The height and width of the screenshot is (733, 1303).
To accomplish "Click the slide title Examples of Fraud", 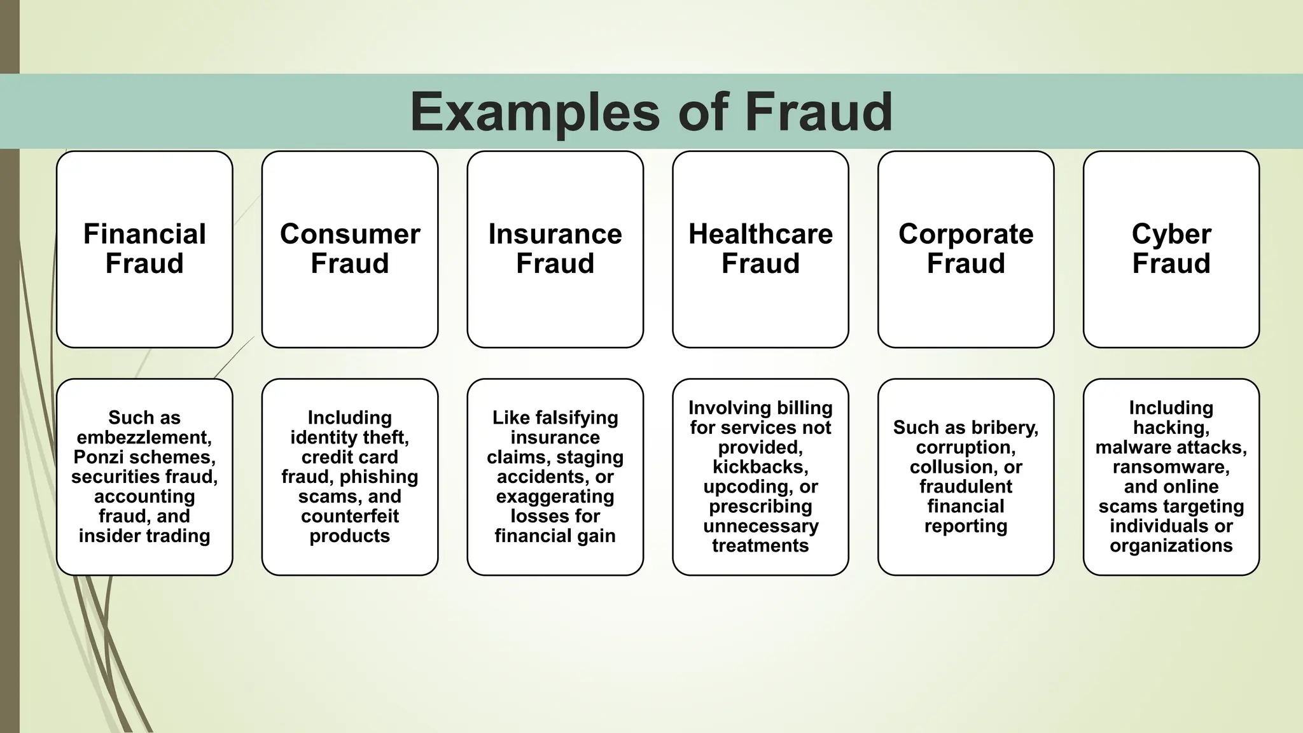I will tap(651, 112).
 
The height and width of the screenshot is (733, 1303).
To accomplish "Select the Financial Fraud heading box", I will tap(144, 249).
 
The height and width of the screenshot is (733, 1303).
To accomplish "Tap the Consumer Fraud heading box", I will tap(350, 249).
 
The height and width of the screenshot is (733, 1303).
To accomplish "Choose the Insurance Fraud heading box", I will tap(555, 249).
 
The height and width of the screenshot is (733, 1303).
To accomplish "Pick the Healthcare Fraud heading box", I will tap(760, 249).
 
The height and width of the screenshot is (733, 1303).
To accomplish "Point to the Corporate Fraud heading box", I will tap(966, 249).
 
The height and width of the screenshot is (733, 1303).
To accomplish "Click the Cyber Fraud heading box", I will tap(1171, 249).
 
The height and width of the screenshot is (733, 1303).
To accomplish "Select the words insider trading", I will tap(144, 536).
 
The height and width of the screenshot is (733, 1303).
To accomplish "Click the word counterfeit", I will tap(350, 517).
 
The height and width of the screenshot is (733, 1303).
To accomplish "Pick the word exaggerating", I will tap(555, 497).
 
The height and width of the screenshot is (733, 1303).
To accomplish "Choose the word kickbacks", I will tap(760, 467).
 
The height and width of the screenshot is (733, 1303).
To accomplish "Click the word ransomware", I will tap(1171, 467).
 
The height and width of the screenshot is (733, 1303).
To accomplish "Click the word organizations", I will tap(1171, 546).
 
